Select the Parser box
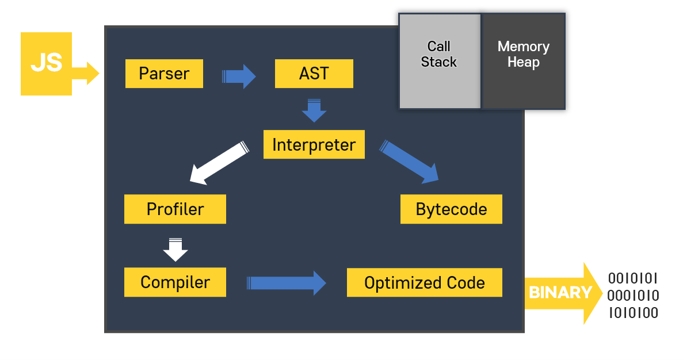pyautogui.click(x=164, y=74)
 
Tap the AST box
pyautogui.click(x=314, y=74)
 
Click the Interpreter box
pyautogui.click(x=314, y=144)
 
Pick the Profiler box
pyautogui.click(x=175, y=209)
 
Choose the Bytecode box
pyautogui.click(x=451, y=209)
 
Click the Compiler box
pyautogui.click(x=175, y=282)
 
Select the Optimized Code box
pyautogui.click(x=424, y=282)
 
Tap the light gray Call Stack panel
pyautogui.click(x=439, y=60)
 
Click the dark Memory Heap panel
pyautogui.click(x=523, y=60)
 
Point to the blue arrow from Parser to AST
pyautogui.click(x=239, y=76)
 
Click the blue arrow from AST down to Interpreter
pyautogui.click(x=314, y=111)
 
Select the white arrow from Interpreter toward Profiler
pyautogui.click(x=219, y=163)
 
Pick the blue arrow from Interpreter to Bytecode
pyautogui.click(x=410, y=162)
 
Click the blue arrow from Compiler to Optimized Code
pyautogui.click(x=287, y=282)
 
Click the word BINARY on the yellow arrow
pyautogui.click(x=559, y=293)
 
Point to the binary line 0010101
pyautogui.click(x=633, y=279)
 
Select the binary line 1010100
pyautogui.click(x=633, y=313)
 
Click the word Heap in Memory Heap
pyautogui.click(x=523, y=62)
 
